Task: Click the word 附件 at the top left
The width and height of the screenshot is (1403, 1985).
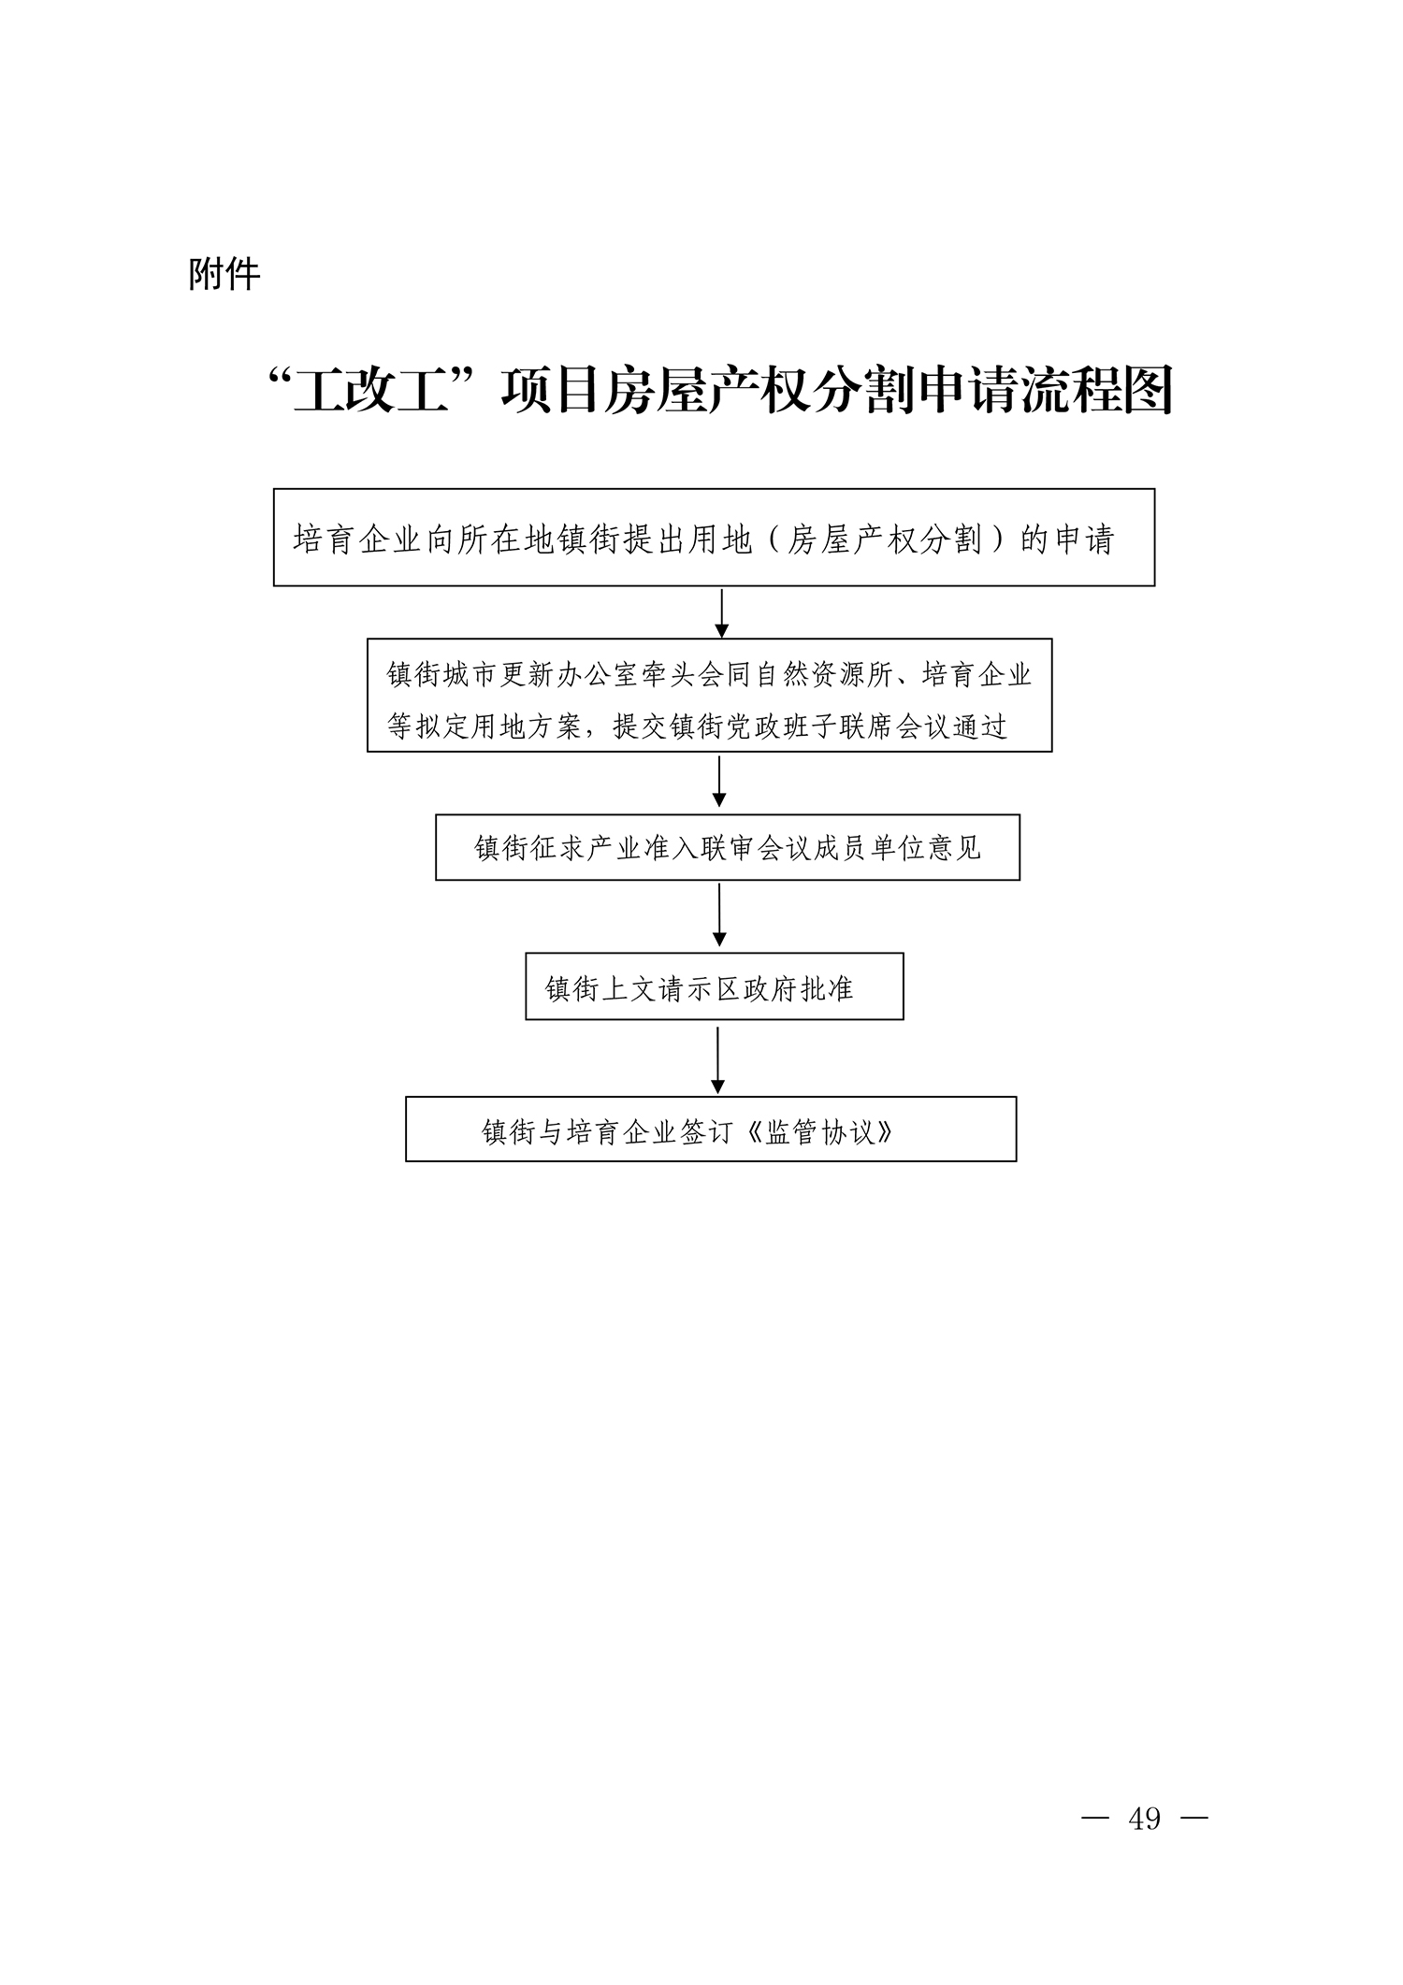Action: click(x=224, y=275)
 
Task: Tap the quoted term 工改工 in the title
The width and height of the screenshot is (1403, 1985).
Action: click(x=367, y=391)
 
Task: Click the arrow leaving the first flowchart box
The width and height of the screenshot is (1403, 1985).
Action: click(x=721, y=612)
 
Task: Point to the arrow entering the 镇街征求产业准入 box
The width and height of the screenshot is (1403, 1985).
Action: click(x=719, y=782)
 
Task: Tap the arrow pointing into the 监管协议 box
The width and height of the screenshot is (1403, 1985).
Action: click(x=717, y=1060)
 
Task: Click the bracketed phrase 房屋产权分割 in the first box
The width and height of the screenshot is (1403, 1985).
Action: click(x=884, y=539)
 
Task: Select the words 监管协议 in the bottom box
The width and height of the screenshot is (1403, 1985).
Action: click(x=819, y=1132)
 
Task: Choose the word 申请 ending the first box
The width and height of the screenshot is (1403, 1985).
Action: click(x=1085, y=539)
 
